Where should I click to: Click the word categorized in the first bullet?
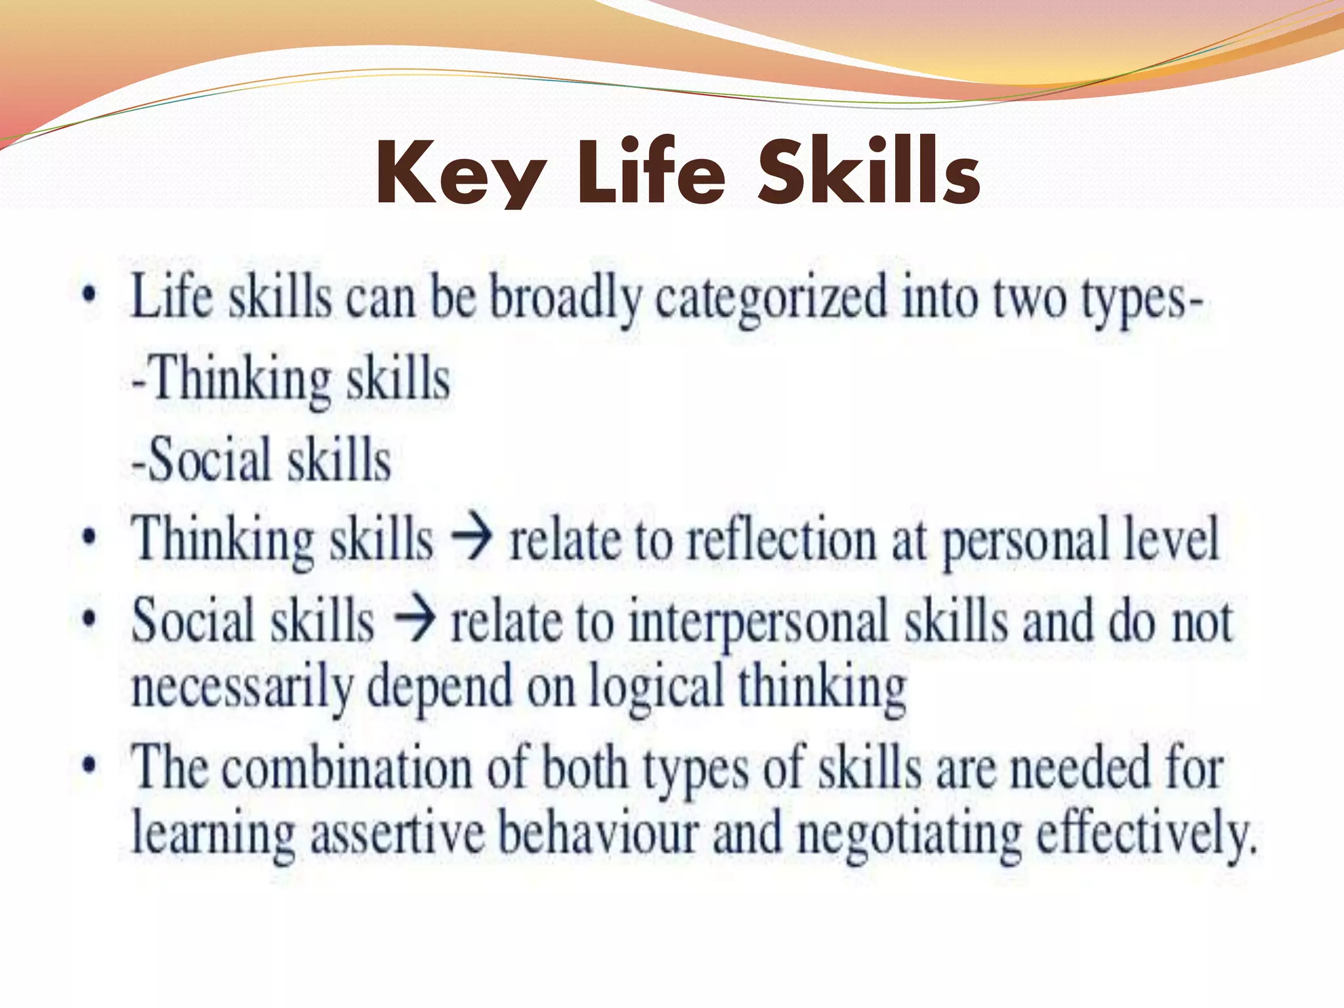pos(771,299)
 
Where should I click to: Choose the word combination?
pos(346,768)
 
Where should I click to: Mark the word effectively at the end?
pos(1145,833)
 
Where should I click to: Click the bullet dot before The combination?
pos(89,765)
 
